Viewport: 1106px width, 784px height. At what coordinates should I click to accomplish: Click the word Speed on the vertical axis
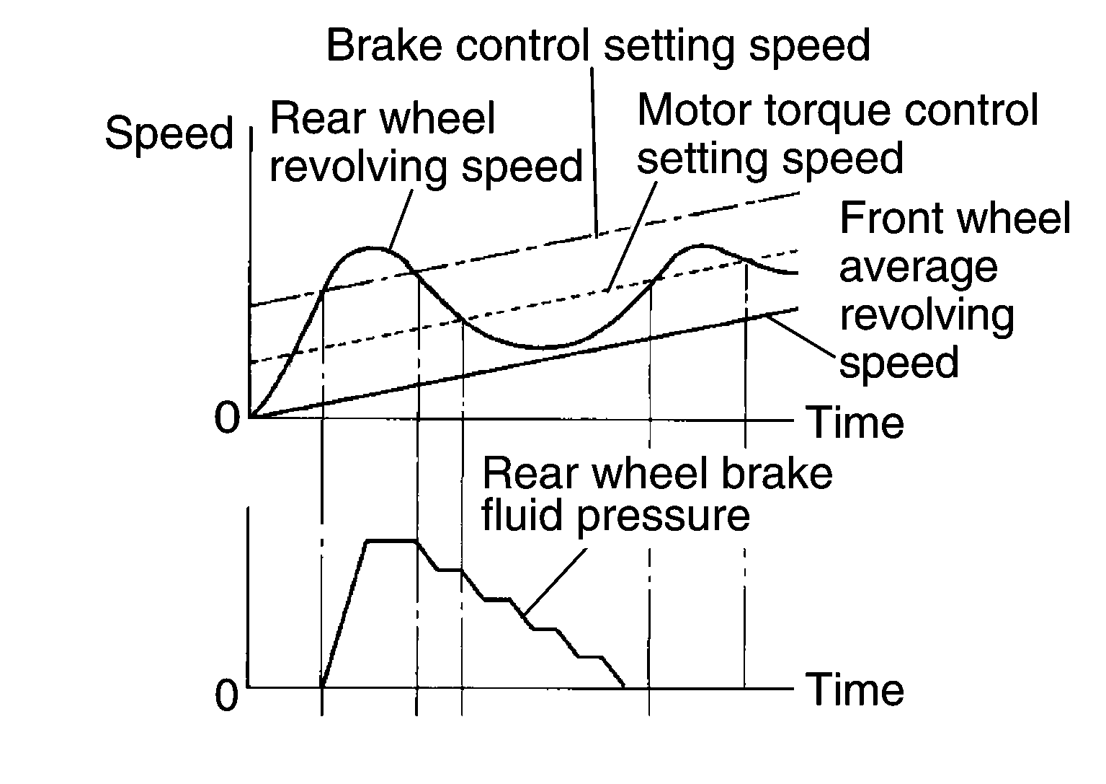coord(169,134)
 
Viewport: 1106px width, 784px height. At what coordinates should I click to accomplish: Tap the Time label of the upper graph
coord(854,423)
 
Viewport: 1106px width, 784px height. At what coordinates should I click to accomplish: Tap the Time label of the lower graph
coord(854,690)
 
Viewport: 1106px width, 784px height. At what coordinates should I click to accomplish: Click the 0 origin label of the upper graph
coord(227,418)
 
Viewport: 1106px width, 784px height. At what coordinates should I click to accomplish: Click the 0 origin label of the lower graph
coord(227,696)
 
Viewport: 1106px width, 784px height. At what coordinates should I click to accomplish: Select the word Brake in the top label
coord(388,45)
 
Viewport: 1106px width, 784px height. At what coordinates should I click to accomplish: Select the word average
coord(918,268)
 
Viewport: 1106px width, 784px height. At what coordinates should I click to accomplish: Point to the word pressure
coord(663,516)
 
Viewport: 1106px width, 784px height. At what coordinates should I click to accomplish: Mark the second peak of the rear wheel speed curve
coord(699,246)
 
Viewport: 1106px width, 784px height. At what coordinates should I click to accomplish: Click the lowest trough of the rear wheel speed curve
coord(548,348)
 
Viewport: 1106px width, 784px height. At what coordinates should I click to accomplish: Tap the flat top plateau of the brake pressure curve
coord(392,540)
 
